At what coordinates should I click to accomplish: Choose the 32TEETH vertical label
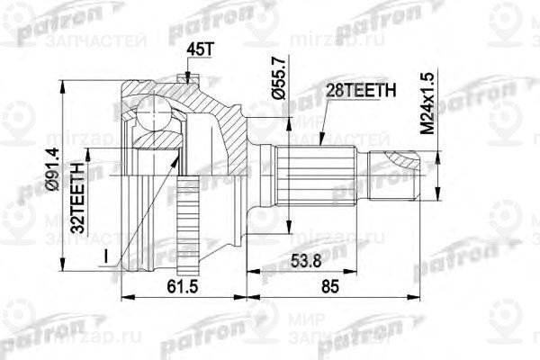pos(78,195)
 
